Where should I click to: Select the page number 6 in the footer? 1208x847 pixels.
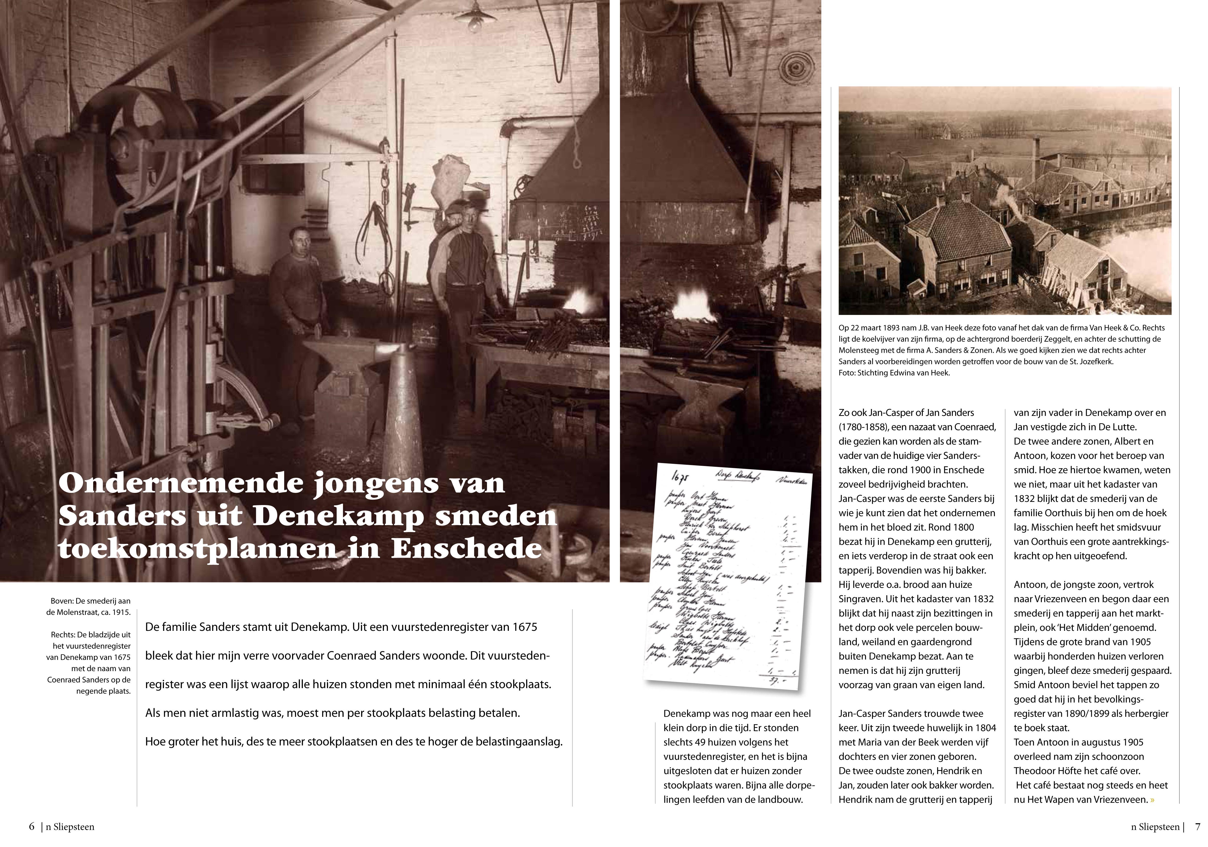pyautogui.click(x=31, y=827)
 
